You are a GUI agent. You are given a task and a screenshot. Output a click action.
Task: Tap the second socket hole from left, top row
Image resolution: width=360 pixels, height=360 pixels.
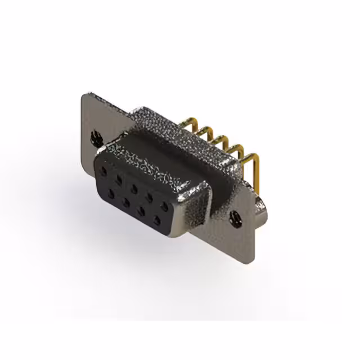(119, 178)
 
